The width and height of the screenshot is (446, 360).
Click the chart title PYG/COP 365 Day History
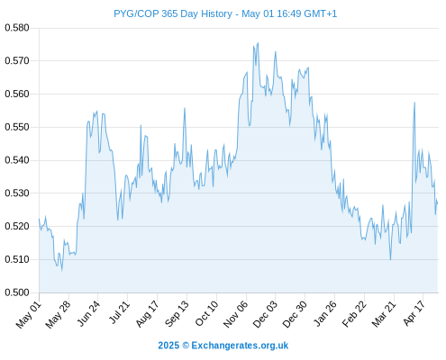coord(173,13)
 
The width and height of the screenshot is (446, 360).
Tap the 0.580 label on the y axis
coord(17,28)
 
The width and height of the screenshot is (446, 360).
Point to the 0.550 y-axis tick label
coord(17,127)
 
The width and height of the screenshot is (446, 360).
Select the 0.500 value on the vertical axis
coord(17,292)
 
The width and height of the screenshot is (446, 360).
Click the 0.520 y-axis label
coord(17,226)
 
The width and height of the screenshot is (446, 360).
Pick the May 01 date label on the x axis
coord(29,315)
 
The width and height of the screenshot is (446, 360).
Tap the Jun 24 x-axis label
coord(88,313)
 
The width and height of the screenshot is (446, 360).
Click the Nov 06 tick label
coord(236,314)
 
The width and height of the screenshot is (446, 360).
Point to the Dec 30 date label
coord(295,314)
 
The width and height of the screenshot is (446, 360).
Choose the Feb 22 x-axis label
coord(355,314)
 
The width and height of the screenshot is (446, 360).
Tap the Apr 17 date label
coord(414,313)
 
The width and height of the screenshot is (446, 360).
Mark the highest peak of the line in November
coord(258,43)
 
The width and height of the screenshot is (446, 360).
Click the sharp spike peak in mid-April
coord(414,103)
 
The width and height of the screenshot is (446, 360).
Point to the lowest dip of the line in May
coord(62,271)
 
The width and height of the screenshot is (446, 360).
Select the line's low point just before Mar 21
coord(390,260)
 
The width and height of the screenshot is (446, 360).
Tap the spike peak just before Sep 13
coord(185,108)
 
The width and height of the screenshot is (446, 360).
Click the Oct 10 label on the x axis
coord(206,313)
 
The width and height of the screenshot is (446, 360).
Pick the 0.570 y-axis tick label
coord(17,61)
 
